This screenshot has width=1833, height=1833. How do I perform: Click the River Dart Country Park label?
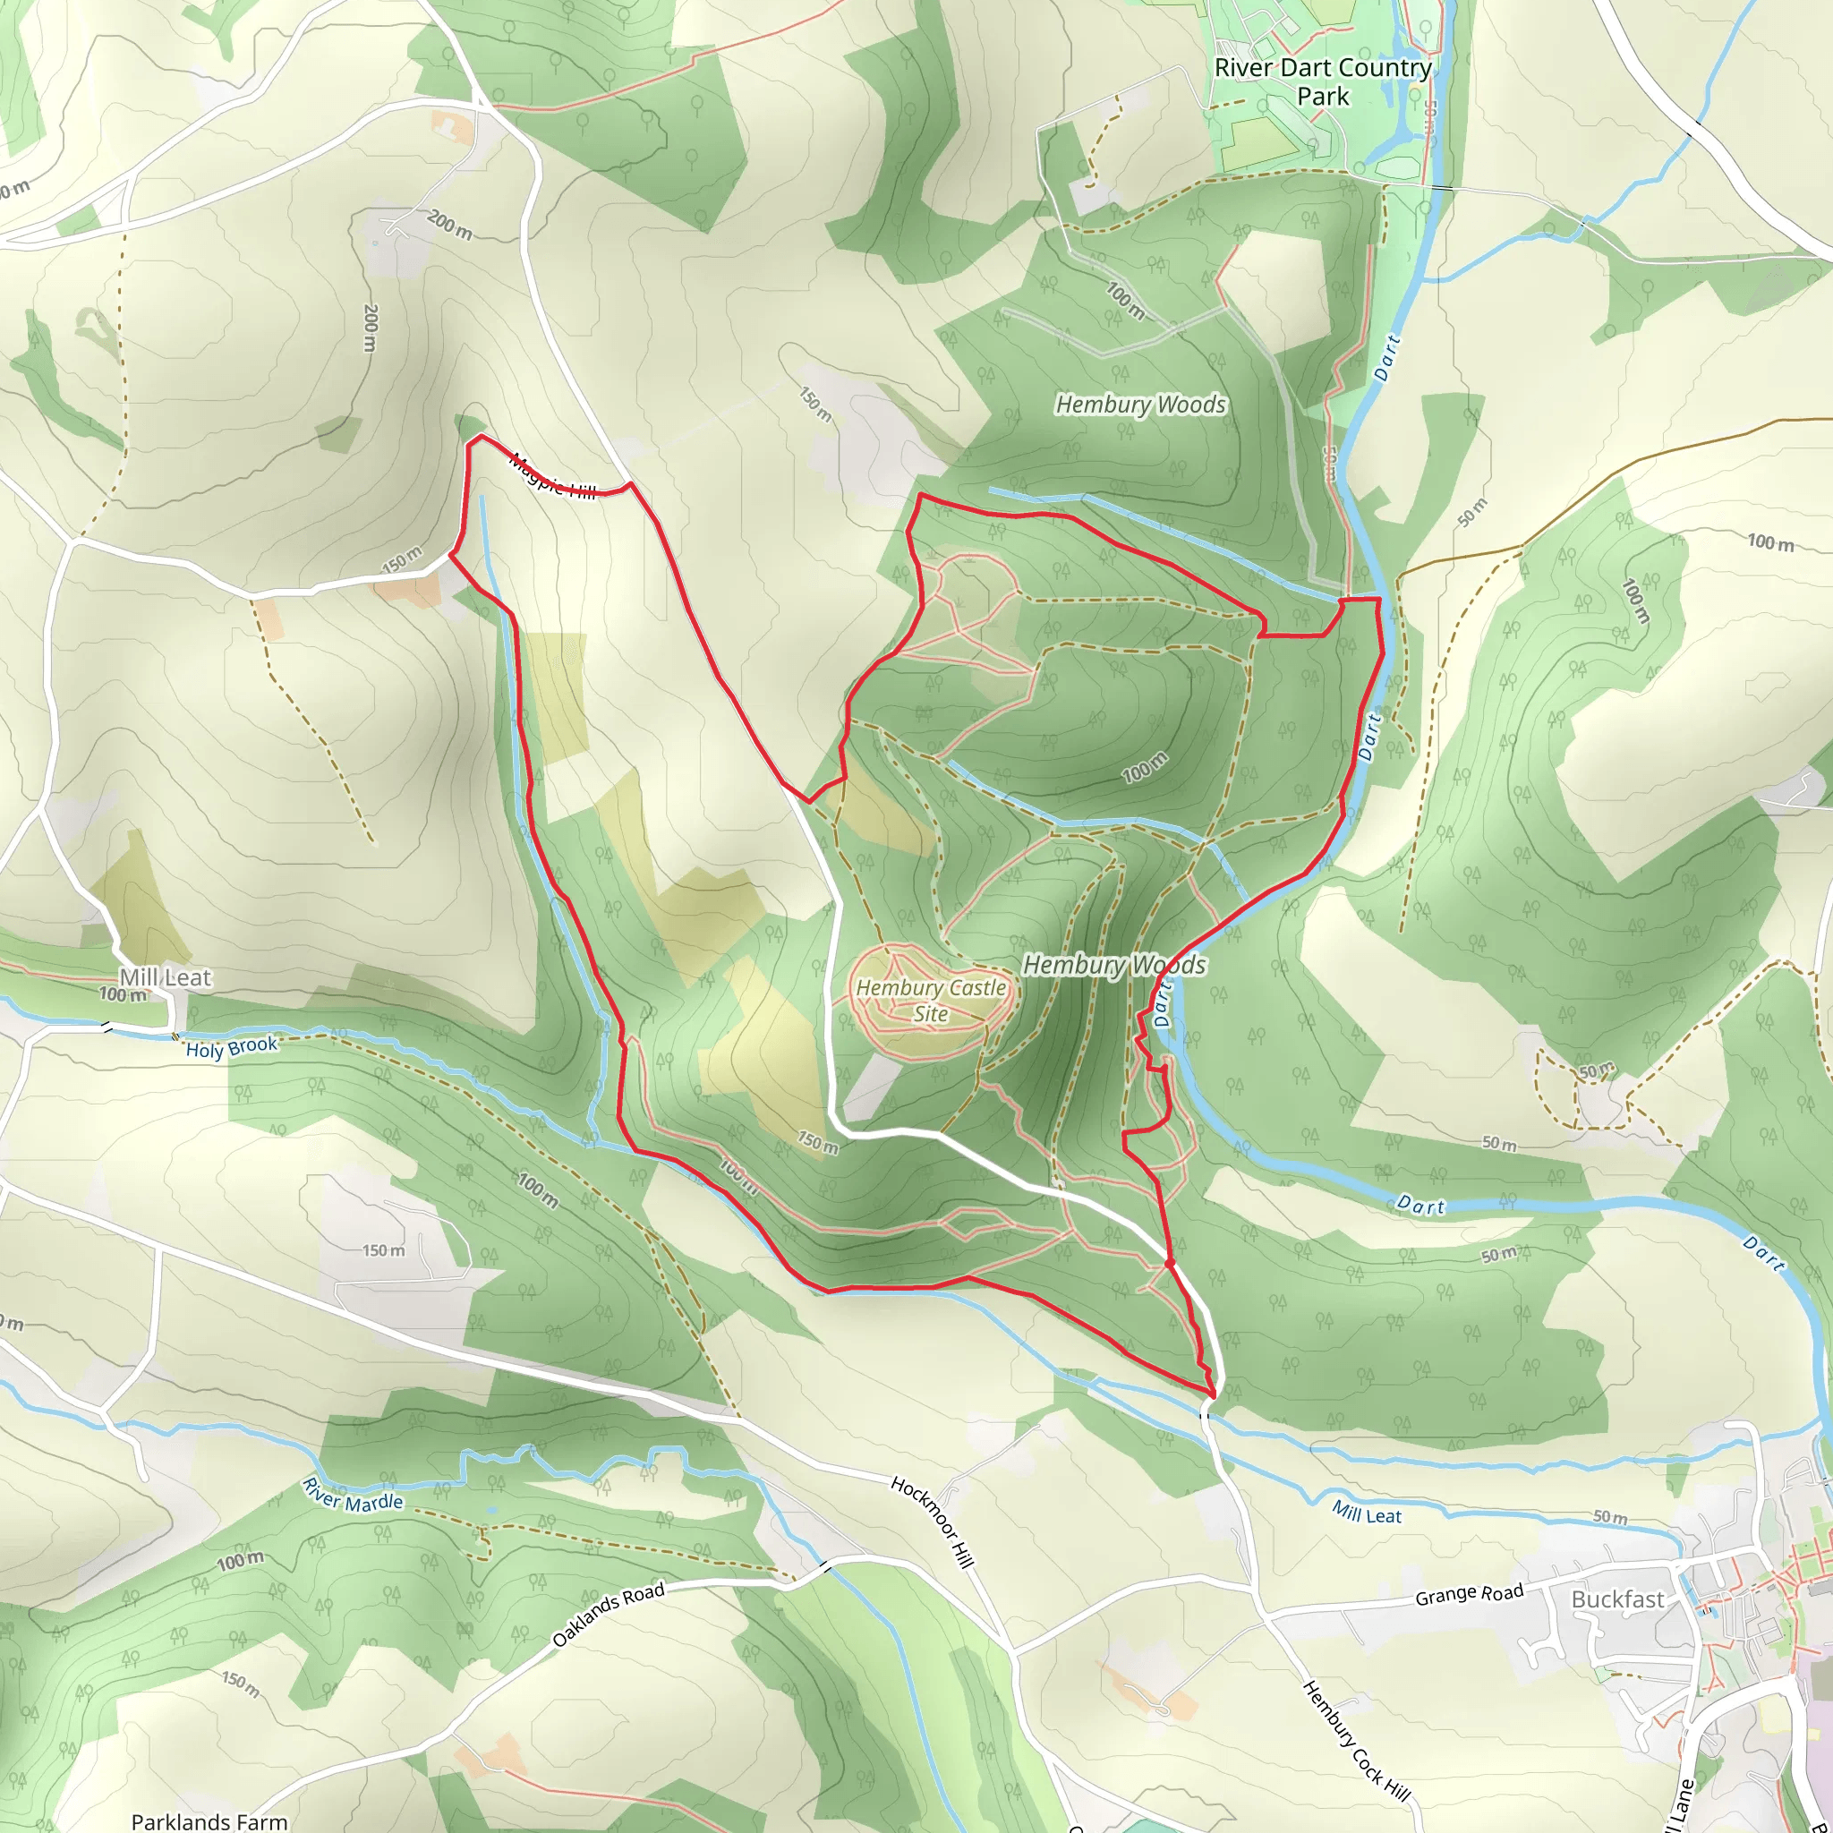tap(1323, 81)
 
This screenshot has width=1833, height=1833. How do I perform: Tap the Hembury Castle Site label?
tap(931, 1000)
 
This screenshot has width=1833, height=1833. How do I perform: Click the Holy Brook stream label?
tap(232, 1047)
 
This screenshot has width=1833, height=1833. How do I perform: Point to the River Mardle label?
tap(353, 1496)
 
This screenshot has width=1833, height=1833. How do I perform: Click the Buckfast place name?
tap(1617, 1599)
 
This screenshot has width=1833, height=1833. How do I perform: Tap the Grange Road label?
tap(1469, 1595)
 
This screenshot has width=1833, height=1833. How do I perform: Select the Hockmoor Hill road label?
tap(933, 1522)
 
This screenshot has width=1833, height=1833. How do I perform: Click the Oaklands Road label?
tap(608, 1614)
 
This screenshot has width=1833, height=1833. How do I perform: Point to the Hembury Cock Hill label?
tap(1356, 1741)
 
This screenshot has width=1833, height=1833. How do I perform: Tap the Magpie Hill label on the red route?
tap(553, 477)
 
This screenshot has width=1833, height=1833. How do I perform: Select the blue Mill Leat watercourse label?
tap(1366, 1513)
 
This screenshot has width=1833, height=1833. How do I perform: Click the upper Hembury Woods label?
tap(1140, 405)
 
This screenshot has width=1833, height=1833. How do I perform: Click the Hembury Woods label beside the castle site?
tap(1113, 965)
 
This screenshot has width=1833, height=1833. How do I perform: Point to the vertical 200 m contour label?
tap(371, 328)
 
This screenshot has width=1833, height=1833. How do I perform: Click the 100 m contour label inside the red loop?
tap(1144, 767)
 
